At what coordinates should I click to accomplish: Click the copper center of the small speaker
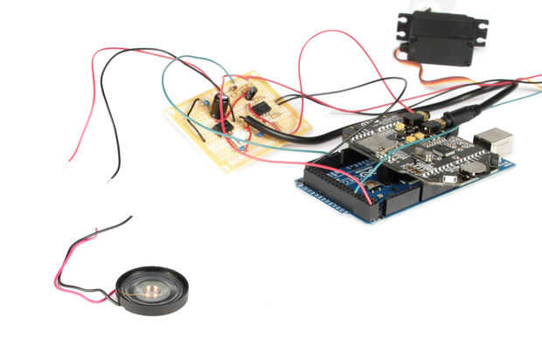(x=151, y=291)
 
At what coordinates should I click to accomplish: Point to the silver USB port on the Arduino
(x=500, y=142)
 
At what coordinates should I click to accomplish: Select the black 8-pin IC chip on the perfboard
(x=261, y=107)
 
